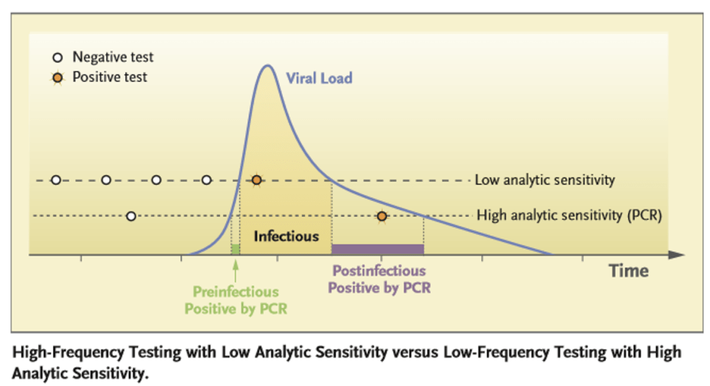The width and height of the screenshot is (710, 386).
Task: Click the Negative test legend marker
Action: point(58,58)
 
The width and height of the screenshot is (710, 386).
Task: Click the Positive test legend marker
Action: point(58,77)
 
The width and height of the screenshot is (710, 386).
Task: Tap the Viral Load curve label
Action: point(319,78)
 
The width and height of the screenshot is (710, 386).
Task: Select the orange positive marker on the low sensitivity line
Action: point(257,180)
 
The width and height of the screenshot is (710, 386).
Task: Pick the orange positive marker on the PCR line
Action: point(381,216)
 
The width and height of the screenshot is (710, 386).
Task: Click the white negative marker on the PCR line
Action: point(131,216)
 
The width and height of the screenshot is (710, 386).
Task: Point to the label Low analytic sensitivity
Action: point(544,180)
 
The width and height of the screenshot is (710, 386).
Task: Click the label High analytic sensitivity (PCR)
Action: point(569,216)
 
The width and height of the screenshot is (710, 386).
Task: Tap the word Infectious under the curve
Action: point(286,236)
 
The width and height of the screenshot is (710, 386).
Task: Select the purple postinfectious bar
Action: point(377,249)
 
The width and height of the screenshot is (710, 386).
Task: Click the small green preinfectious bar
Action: point(235,249)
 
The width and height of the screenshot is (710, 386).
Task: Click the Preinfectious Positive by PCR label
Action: point(236,301)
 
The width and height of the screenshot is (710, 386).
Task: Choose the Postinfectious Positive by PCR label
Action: point(379,279)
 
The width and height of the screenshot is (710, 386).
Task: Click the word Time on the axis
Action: point(629,271)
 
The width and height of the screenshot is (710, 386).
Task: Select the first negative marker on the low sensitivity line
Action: point(56,180)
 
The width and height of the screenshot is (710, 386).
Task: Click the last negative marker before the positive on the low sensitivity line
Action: point(206,180)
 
